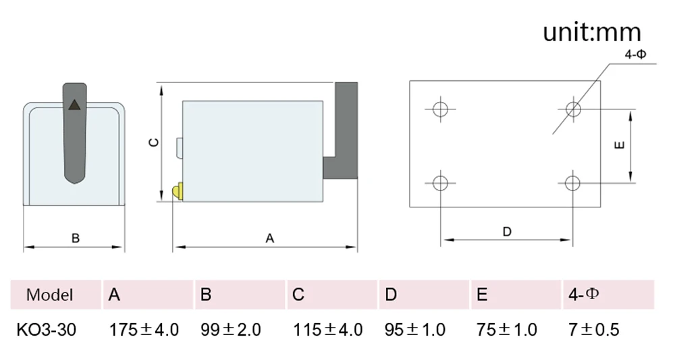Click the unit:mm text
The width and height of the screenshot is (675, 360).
pos(592,32)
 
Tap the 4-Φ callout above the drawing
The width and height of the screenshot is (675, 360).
pos(635,54)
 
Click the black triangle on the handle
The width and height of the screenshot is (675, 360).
pos(74,105)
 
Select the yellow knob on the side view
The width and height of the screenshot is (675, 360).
pos(178,191)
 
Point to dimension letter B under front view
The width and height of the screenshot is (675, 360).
pos(76,238)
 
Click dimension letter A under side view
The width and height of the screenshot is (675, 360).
pos(269,238)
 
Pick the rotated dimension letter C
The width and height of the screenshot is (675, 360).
pos(154,142)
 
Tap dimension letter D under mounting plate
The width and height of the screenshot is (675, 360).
pos(507,232)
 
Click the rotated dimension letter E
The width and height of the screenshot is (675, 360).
pos(619,145)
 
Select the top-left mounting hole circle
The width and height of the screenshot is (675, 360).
pos(440,109)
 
